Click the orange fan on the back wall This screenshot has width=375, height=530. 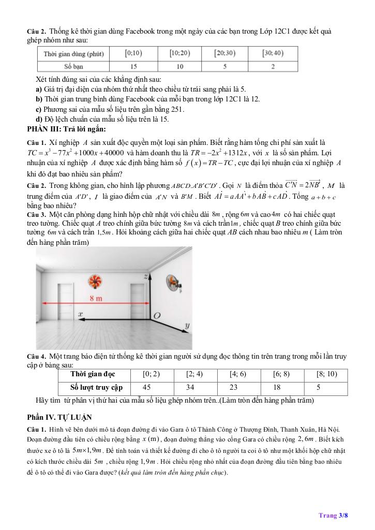[95, 282]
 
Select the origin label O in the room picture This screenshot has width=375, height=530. [157, 315]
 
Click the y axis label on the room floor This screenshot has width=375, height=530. [186, 326]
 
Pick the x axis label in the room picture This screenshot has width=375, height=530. [81, 314]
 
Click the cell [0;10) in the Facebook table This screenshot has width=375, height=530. [134, 53]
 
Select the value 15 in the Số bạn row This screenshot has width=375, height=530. [134, 66]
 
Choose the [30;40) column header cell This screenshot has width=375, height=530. [273, 53]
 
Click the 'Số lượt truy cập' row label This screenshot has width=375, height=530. [97, 387]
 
